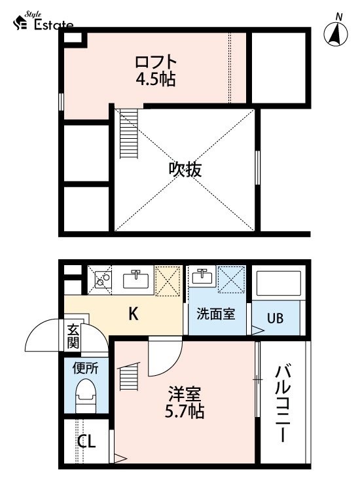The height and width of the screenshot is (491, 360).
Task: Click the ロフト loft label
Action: click(156, 62)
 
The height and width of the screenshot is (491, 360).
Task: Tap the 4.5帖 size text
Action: click(156, 79)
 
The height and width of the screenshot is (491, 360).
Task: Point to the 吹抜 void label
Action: click(185, 170)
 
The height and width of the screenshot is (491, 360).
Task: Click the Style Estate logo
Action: click(43, 22)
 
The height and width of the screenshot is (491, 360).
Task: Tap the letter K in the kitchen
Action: click(134, 314)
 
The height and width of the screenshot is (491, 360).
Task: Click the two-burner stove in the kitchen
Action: click(100, 280)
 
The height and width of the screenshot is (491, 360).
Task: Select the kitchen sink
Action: click(136, 279)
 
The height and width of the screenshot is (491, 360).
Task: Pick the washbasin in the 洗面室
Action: click(202, 276)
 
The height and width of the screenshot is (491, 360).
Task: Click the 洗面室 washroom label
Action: click(216, 314)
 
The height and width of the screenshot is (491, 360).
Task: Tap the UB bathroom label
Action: click(275, 318)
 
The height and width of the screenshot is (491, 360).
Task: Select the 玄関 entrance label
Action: click(73, 336)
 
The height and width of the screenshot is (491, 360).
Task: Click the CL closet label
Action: click(86, 441)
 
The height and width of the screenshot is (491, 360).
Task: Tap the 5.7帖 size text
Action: click(185, 412)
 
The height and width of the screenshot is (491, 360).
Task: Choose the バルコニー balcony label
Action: click(283, 403)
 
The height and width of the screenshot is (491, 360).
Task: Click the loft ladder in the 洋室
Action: click(129, 376)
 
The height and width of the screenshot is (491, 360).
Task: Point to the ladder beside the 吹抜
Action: click(129, 134)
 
